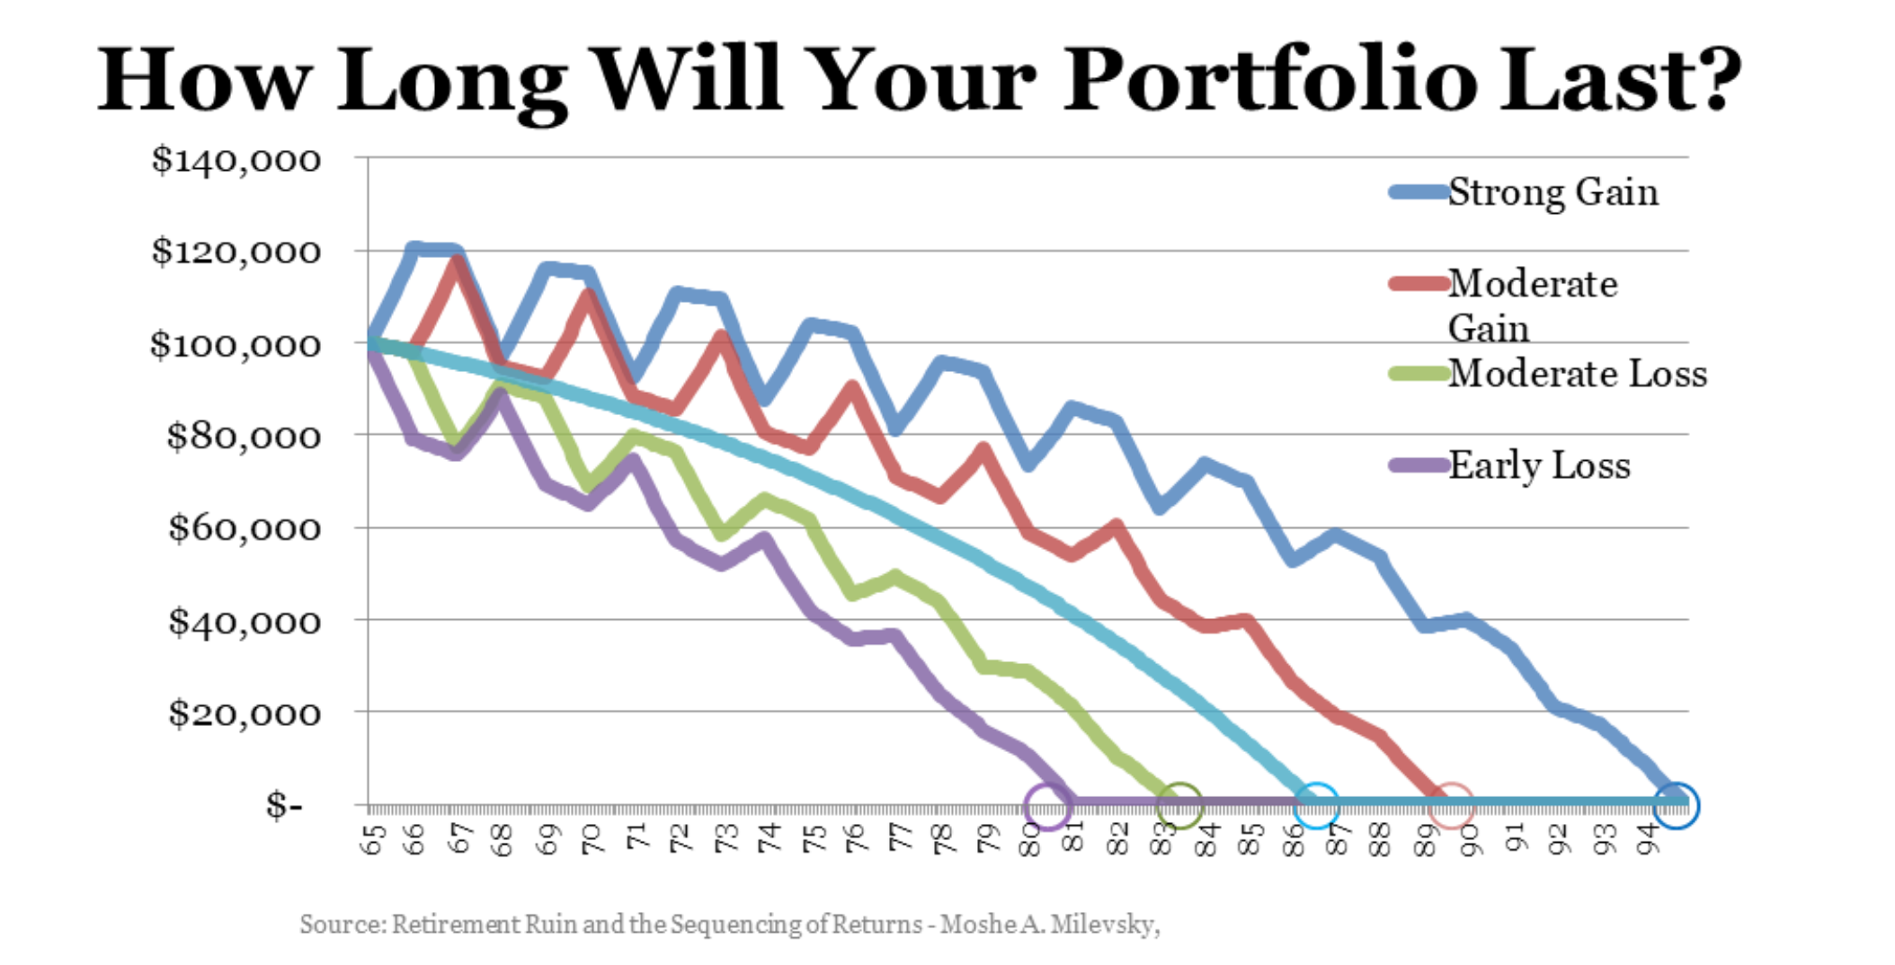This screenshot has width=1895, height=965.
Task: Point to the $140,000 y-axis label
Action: point(236,160)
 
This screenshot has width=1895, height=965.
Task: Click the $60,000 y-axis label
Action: point(244,527)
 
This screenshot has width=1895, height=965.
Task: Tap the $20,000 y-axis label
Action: point(244,713)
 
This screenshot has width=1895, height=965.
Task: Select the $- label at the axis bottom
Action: point(284,804)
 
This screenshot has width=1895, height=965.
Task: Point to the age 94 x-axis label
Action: point(1647,839)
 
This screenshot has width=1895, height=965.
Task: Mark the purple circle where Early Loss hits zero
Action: point(1048,805)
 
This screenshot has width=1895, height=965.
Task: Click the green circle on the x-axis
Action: point(1179,805)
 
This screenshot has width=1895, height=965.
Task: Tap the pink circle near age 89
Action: point(1451,805)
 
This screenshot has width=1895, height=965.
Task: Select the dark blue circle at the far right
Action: point(1676,805)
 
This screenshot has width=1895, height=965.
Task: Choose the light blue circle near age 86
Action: point(1316,805)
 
